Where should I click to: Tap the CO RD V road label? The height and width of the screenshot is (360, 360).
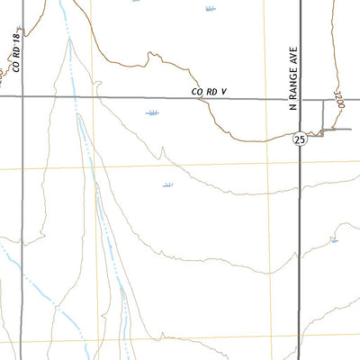pyautogui.click(x=212, y=91)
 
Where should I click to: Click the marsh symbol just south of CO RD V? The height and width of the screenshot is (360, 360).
pyautogui.click(x=152, y=113)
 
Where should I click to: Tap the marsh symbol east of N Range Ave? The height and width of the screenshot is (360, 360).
pyautogui.click(x=333, y=239)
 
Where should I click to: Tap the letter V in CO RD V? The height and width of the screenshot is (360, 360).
pyautogui.click(x=231, y=91)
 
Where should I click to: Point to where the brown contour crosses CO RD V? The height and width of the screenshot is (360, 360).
pyautogui.click(x=202, y=98)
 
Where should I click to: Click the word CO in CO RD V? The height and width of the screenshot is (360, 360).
pyautogui.click(x=198, y=91)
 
